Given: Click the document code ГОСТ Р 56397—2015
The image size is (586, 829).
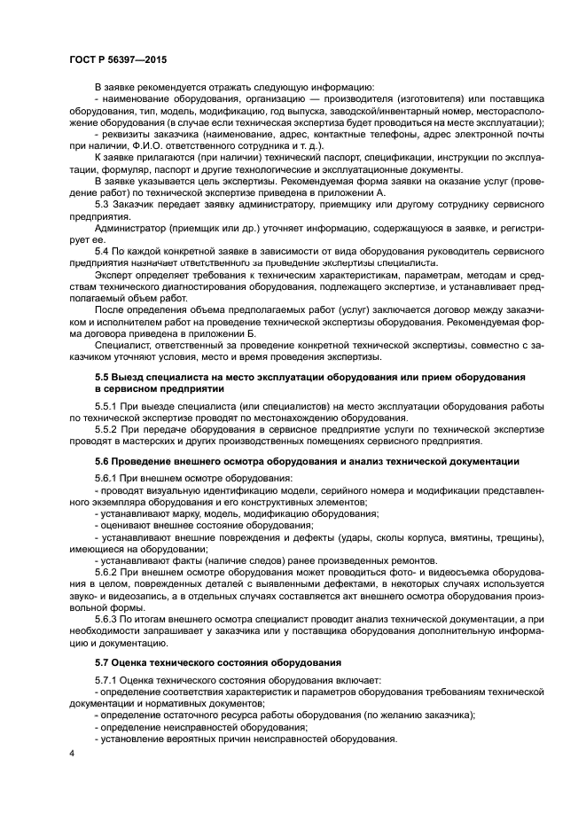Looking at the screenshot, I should (117, 60).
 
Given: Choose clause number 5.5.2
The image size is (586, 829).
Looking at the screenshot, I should (107, 429).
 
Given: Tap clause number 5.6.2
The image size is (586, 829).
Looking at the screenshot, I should (107, 572).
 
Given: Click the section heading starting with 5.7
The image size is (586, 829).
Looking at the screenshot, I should (218, 662).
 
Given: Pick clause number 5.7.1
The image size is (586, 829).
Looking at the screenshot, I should (107, 680).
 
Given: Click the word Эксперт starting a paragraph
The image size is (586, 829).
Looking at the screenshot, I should (116, 276).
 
